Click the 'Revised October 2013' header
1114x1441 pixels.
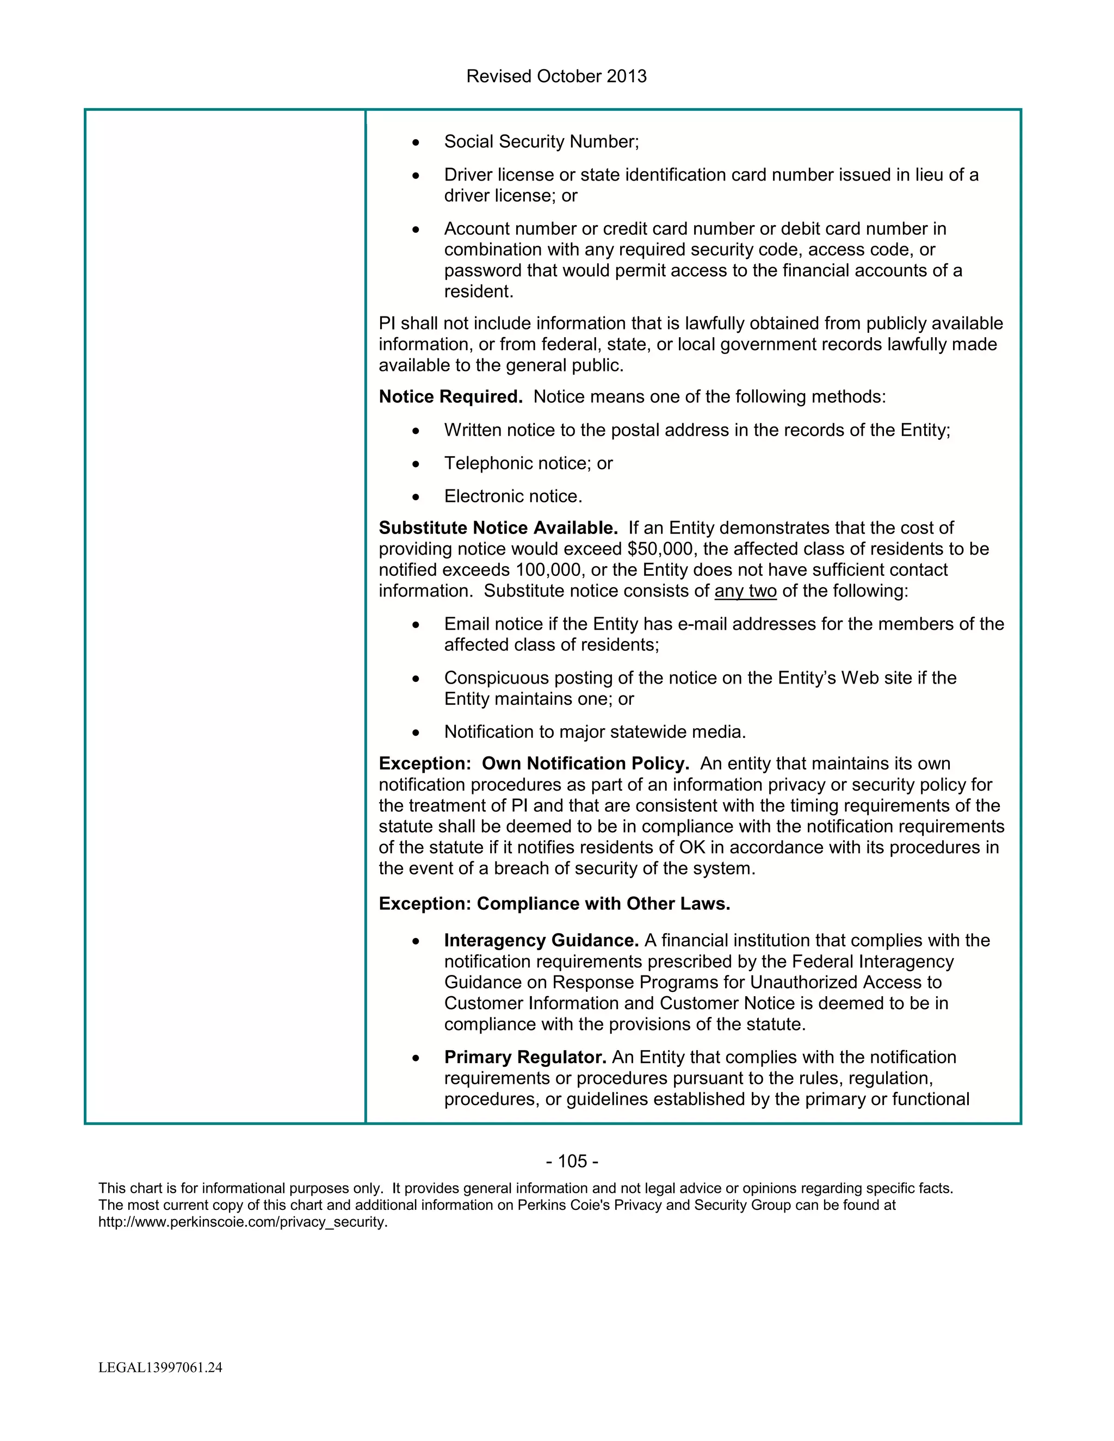[556, 77]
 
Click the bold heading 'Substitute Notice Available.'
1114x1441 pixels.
[498, 528]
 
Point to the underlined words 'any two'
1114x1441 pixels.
[745, 591]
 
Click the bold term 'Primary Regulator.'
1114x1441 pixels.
[525, 1057]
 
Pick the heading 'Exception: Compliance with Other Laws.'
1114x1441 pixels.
[554, 903]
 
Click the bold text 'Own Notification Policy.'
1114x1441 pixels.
[585, 763]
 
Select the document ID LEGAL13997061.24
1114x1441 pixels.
[160, 1368]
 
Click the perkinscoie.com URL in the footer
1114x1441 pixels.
[243, 1222]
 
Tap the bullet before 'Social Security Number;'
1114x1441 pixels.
[415, 142]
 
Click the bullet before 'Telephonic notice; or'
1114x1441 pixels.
[415, 464]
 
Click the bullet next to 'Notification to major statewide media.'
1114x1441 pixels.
[415, 733]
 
